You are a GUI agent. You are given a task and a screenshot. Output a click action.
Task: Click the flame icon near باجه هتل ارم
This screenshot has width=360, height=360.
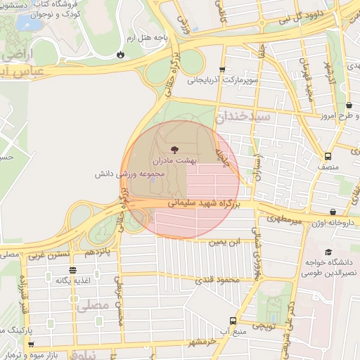(122, 53)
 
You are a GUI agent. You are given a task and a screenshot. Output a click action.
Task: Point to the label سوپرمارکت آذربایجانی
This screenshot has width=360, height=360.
(224, 80)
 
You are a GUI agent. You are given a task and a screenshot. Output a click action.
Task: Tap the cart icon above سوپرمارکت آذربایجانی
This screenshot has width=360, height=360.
(222, 70)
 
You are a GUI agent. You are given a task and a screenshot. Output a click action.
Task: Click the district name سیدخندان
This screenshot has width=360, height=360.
(242, 116)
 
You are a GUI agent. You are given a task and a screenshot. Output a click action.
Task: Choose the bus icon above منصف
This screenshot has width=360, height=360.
(328, 156)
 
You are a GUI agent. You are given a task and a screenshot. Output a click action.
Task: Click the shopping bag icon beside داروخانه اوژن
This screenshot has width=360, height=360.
(333, 212)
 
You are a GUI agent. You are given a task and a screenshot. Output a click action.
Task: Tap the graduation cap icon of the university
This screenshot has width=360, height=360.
(328, 252)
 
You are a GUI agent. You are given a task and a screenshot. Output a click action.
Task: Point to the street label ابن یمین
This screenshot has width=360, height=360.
(224, 242)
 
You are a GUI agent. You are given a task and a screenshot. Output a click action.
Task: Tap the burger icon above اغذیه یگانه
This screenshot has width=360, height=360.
(72, 269)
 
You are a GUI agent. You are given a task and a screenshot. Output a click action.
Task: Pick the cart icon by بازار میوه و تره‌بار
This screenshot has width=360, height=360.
(32, 344)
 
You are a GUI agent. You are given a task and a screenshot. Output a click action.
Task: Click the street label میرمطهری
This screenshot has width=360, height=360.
(284, 221)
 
